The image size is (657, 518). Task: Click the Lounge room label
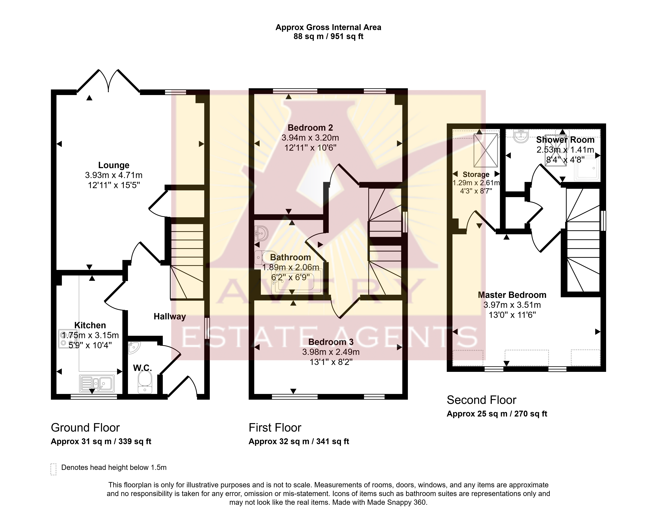point(114,165)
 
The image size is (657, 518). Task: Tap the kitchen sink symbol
point(97,383)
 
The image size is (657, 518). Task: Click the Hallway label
point(170,317)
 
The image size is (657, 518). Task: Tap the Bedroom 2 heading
point(310,128)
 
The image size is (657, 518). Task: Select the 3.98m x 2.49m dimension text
point(331,352)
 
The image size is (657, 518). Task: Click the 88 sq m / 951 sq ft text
point(328,37)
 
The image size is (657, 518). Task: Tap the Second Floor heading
point(481,400)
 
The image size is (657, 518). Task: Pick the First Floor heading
point(275,428)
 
